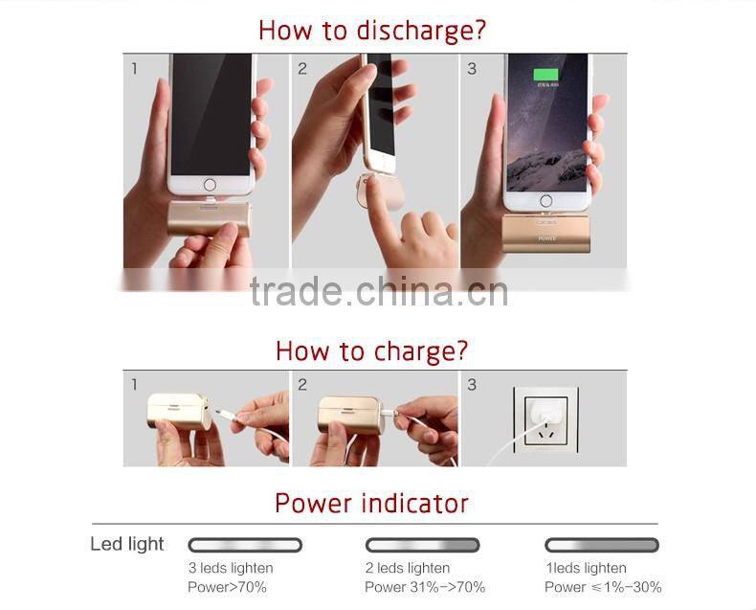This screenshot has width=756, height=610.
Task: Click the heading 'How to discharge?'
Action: pyautogui.click(x=372, y=30)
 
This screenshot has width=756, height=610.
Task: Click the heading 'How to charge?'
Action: pyautogui.click(x=372, y=350)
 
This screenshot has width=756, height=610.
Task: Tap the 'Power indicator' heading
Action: pyautogui.click(x=372, y=503)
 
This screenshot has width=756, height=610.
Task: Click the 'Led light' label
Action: pyautogui.click(x=127, y=544)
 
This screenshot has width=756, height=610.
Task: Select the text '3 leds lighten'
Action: pyautogui.click(x=230, y=568)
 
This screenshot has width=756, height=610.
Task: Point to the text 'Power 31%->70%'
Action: pyautogui.click(x=425, y=587)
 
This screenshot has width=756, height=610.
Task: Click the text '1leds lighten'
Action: pyautogui.click(x=586, y=568)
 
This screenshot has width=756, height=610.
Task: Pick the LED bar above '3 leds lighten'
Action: pyautogui.click(x=245, y=545)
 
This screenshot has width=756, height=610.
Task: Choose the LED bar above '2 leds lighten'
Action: pyautogui.click(x=422, y=545)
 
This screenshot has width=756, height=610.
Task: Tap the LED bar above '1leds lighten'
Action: pyautogui.click(x=601, y=545)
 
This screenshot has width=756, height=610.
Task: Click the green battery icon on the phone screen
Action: pyautogui.click(x=548, y=74)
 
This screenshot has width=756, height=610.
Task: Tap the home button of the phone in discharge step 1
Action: pyautogui.click(x=210, y=184)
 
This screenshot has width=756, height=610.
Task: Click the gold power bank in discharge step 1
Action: pyautogui.click(x=210, y=219)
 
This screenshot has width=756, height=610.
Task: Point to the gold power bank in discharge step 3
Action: pyautogui.click(x=546, y=234)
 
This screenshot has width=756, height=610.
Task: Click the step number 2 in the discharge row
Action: pyautogui.click(x=302, y=69)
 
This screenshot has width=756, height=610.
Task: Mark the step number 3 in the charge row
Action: pyautogui.click(x=472, y=385)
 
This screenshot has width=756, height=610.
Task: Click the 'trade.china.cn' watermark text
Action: pyautogui.click(x=379, y=292)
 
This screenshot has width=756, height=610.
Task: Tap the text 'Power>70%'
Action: pyautogui.click(x=227, y=587)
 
